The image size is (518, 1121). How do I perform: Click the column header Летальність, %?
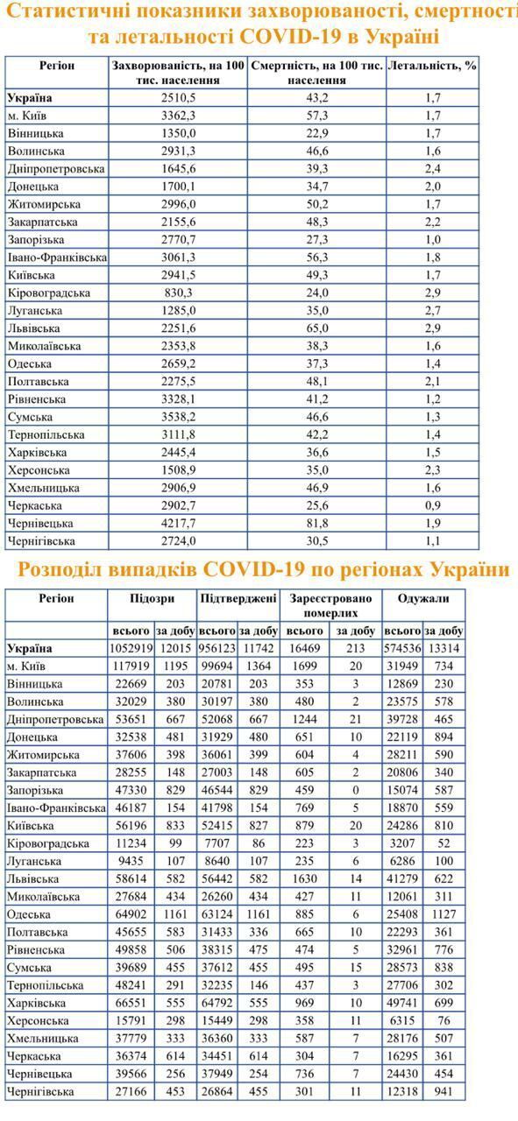tap(431, 66)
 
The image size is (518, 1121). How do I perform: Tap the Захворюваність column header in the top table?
tap(178, 73)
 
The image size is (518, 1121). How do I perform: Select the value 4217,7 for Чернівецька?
tap(178, 523)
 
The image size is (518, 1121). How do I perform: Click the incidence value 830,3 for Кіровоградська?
tap(178, 293)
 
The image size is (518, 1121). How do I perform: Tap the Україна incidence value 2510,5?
tap(178, 98)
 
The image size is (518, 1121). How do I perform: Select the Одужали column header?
tap(422, 599)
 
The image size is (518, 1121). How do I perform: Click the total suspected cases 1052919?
tap(132, 649)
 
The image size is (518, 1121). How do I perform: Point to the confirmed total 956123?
tap(216, 649)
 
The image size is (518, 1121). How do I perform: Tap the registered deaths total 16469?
tap(305, 649)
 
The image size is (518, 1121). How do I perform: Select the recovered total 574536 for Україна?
tap(402, 649)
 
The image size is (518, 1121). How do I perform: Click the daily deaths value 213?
tap(356, 649)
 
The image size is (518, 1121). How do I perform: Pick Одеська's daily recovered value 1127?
tap(443, 914)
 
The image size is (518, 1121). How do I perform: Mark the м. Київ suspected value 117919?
tap(132, 666)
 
